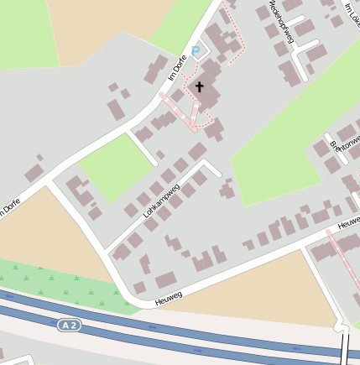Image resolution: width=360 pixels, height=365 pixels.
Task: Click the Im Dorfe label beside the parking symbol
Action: pyautogui.click(x=177, y=67)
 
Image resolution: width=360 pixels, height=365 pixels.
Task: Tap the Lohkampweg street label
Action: pyautogui.click(x=161, y=201)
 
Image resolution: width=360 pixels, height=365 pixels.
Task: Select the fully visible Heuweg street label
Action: pyautogui.click(x=169, y=296)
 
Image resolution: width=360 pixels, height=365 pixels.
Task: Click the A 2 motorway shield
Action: pyautogui.click(x=70, y=325)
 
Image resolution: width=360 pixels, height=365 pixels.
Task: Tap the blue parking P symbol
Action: pyautogui.click(x=196, y=51)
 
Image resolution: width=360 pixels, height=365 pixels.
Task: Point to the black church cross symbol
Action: pyautogui.click(x=200, y=86)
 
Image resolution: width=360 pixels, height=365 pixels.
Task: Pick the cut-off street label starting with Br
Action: pyautogui.click(x=345, y=148)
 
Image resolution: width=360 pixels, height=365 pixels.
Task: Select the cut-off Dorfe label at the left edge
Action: pyautogui.click(x=10, y=206)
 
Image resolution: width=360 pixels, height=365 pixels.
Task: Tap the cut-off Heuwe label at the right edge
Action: pyautogui.click(x=348, y=224)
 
